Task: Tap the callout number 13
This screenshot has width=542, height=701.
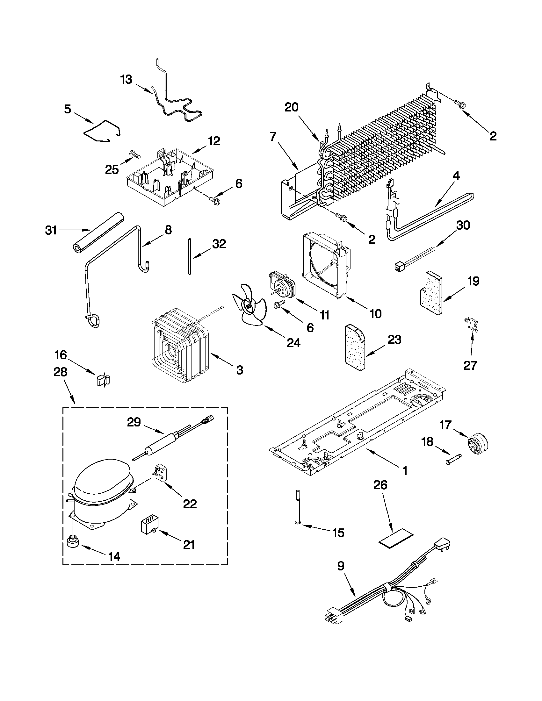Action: pos(126,79)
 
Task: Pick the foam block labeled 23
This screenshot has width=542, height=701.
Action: pos(355,348)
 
